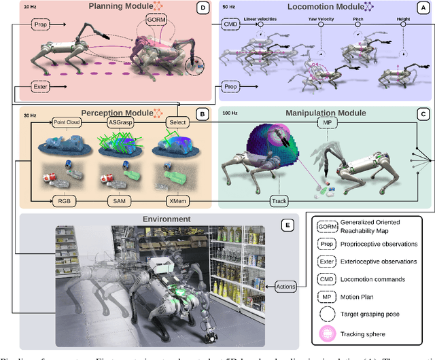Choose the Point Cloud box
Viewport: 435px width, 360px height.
pyautogui.click(x=67, y=122)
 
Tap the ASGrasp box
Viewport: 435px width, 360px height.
pyautogui.click(x=120, y=122)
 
